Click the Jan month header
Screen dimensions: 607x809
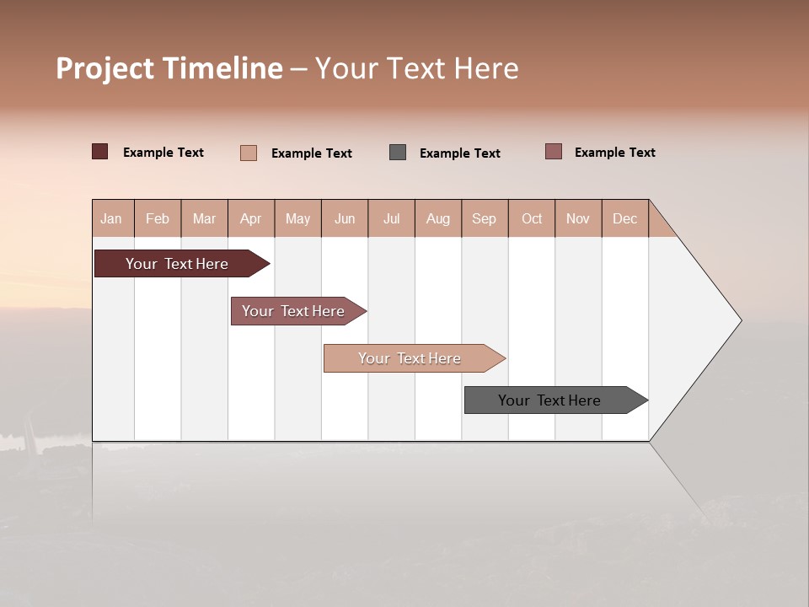(x=112, y=218)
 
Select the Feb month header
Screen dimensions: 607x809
(x=158, y=218)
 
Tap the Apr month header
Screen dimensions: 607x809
(x=251, y=218)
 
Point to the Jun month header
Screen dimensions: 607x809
(x=345, y=218)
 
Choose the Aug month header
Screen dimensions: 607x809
(x=438, y=218)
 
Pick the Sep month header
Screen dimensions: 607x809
(x=485, y=218)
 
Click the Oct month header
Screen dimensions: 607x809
(x=532, y=218)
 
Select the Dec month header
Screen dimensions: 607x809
(x=625, y=218)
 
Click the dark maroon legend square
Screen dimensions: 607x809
(x=100, y=152)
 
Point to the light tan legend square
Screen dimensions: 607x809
(x=249, y=153)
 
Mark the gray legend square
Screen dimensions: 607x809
(x=398, y=152)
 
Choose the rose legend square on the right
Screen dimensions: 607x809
(x=554, y=152)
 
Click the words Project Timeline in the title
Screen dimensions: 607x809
(x=169, y=68)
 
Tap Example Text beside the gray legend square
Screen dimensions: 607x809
(x=460, y=153)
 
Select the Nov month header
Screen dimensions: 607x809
(x=578, y=218)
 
